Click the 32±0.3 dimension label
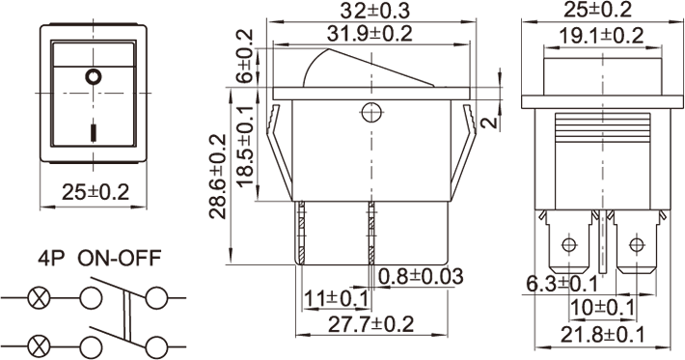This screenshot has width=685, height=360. tap(375, 12)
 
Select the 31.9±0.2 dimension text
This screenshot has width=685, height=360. tap(370, 34)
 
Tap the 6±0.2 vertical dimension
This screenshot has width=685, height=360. tap(244, 56)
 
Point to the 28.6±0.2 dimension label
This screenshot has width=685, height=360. tap(217, 176)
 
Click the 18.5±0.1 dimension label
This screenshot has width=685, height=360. tap(245, 146)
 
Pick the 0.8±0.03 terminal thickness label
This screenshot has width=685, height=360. tap(421, 277)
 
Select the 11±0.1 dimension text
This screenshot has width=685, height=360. tap(336, 299)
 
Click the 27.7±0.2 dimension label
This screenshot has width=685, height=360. tap(370, 324)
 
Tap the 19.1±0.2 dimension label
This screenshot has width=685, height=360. tap(602, 36)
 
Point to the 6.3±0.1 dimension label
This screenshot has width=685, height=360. tap(562, 285)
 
